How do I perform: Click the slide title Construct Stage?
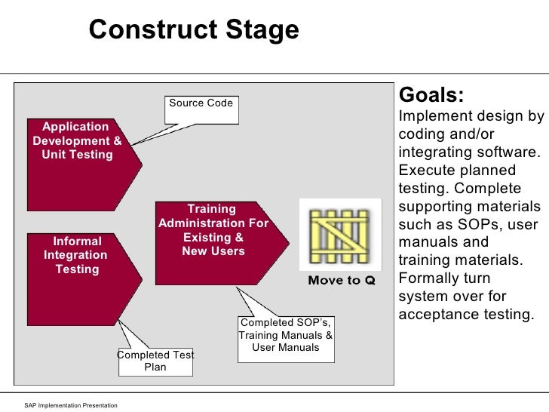pyautogui.click(x=194, y=30)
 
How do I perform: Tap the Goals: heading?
pyautogui.click(x=431, y=97)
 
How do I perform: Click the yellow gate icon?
pyautogui.click(x=339, y=234)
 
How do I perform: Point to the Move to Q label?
pyautogui.click(x=341, y=281)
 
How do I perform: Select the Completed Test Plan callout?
pyautogui.click(x=155, y=361)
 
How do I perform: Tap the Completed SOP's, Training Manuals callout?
pyautogui.click(x=285, y=335)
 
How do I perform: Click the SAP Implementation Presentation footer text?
pyautogui.click(x=71, y=406)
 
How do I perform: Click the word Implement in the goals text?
pyautogui.click(x=428, y=117)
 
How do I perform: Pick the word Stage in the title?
pyautogui.click(x=264, y=30)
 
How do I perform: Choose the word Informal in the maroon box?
pyautogui.click(x=77, y=241)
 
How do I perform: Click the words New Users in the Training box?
pyautogui.click(x=213, y=251)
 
